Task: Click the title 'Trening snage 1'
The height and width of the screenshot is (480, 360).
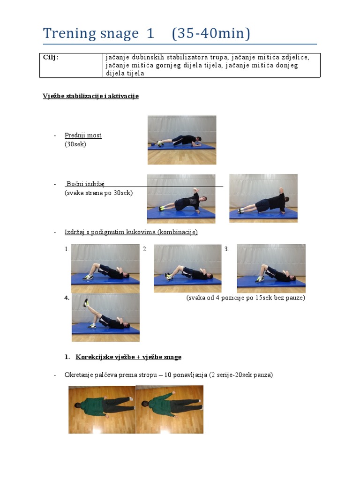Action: pos(98,34)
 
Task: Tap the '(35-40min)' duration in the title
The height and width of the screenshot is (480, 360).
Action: pos(211,34)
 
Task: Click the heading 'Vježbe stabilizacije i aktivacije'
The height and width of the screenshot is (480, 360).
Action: pos(90,96)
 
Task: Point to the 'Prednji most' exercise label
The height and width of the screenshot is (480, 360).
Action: pos(83,135)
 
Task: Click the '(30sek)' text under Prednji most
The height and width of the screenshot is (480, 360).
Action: pos(75,144)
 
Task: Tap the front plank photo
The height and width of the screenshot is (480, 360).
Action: pos(182,140)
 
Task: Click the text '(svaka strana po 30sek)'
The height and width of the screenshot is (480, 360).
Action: pos(98,193)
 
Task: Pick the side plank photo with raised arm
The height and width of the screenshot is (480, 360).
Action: pos(181,198)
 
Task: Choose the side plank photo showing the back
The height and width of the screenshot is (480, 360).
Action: pos(263,198)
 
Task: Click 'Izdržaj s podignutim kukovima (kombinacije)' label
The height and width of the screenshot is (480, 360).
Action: pos(131,232)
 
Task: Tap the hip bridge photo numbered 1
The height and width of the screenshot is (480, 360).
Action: pos(105,268)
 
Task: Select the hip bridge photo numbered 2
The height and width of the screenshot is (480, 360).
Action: pos(187,268)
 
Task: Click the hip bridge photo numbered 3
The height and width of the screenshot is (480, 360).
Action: pos(271,268)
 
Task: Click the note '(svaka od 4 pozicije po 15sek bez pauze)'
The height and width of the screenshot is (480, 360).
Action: pos(245,298)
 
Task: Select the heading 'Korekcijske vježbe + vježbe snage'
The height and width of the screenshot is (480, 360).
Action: pos(128,357)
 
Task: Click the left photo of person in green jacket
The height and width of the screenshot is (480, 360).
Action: pos(102,409)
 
